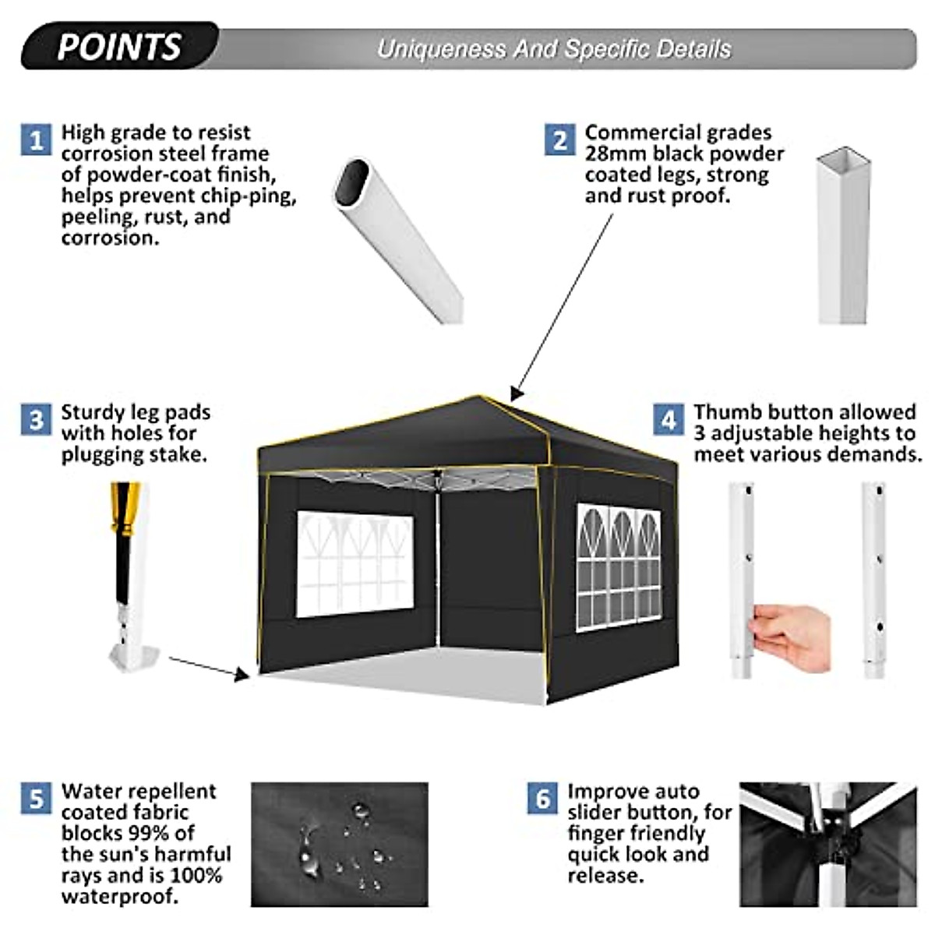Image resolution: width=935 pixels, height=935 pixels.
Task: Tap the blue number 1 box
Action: (36, 140)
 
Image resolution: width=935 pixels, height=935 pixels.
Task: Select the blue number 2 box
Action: (559, 140)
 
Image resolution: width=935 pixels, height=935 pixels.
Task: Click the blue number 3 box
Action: (36, 420)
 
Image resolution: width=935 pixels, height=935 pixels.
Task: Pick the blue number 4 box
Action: (669, 420)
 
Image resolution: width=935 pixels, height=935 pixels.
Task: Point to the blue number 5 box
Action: (36, 799)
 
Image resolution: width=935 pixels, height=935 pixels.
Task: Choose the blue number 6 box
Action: (542, 799)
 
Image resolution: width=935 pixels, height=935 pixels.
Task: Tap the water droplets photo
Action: (340, 845)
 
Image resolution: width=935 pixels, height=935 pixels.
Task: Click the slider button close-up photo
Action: (827, 845)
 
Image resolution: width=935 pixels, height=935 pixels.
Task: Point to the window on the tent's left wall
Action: (355, 563)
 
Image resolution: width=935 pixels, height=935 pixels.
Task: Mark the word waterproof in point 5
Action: (119, 896)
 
